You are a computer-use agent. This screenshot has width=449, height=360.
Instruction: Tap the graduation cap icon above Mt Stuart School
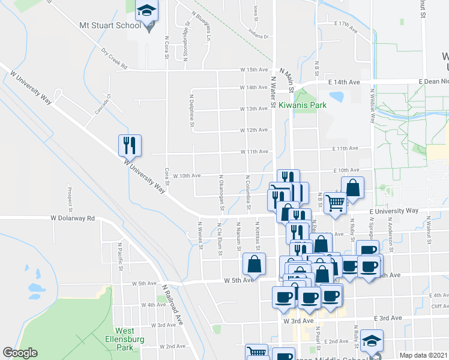click(x=147, y=11)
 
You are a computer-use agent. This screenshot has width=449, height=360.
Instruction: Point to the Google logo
click(x=20, y=353)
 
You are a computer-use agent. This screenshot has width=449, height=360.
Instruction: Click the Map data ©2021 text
click(x=423, y=355)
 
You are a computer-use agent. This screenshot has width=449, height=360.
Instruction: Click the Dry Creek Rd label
click(x=114, y=59)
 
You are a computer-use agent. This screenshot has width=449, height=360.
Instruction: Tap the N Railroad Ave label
click(x=172, y=304)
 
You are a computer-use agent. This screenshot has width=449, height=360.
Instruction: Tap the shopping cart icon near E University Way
click(x=335, y=202)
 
